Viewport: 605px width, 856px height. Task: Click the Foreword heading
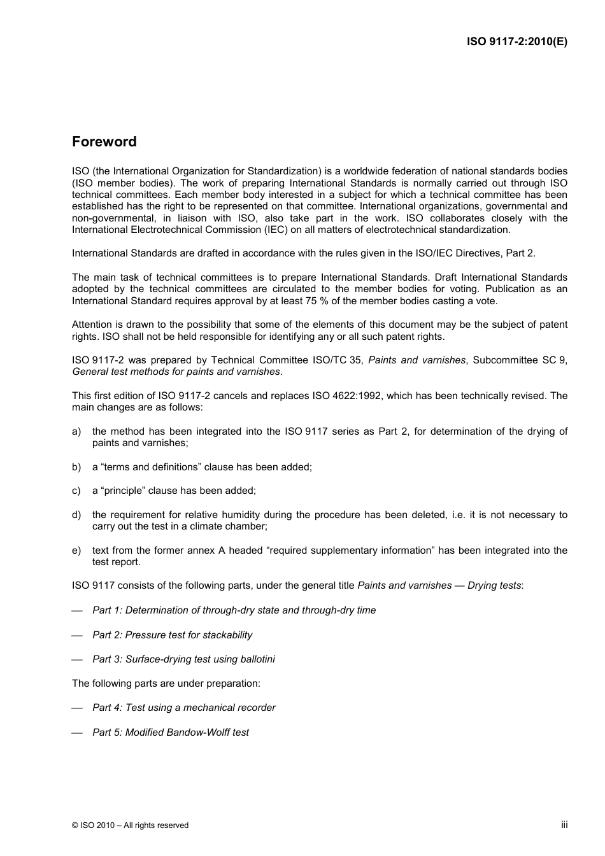(x=104, y=142)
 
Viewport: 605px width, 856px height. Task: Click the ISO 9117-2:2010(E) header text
(x=516, y=42)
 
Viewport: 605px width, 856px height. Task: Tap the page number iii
(x=564, y=824)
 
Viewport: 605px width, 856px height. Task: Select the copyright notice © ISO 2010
(x=130, y=825)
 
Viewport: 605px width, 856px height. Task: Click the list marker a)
(x=76, y=432)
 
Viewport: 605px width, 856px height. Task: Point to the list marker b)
(x=76, y=467)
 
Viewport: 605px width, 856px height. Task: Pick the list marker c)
(x=76, y=491)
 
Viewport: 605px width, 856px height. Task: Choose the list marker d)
(x=76, y=515)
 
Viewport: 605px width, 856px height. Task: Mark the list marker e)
(x=76, y=551)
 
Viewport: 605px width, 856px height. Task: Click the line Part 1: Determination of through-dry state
(x=234, y=610)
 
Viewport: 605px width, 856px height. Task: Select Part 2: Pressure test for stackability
(x=172, y=635)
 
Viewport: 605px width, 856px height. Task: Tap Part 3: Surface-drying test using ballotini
(x=183, y=659)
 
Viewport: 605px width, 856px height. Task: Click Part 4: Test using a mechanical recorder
(x=183, y=708)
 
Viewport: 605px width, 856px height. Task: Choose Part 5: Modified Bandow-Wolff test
(x=170, y=733)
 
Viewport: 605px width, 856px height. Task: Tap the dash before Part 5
(x=78, y=733)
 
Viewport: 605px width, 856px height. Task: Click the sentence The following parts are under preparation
(x=166, y=684)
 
